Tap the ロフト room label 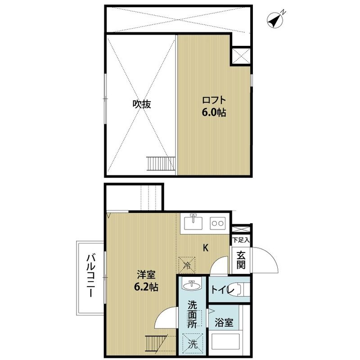coord(214,100)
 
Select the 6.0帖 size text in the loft coord(214,112)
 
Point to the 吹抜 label coord(142,104)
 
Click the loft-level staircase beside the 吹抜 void coord(161,163)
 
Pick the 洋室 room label coord(146,275)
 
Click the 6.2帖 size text coord(146,287)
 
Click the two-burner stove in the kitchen coord(218,223)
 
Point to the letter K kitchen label coord(206,248)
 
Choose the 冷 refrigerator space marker coord(187,265)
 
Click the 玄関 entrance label coord(241,260)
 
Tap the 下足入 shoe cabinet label coord(241,240)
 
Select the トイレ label coord(222,290)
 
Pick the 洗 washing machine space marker coord(193,344)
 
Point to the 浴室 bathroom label coord(224,323)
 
